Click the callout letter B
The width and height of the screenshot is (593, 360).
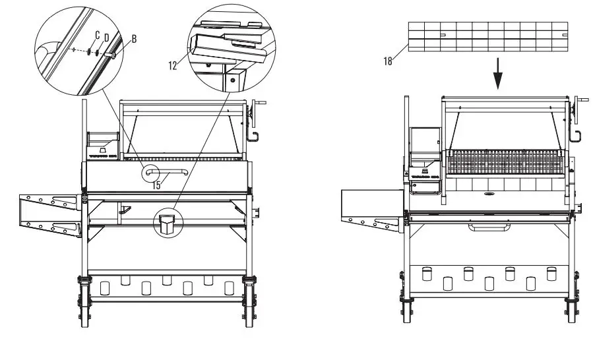[134, 39]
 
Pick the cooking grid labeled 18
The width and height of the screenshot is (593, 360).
[487, 36]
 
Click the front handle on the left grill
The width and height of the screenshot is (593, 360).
[167, 173]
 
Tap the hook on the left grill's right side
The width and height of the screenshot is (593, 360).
[251, 136]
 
